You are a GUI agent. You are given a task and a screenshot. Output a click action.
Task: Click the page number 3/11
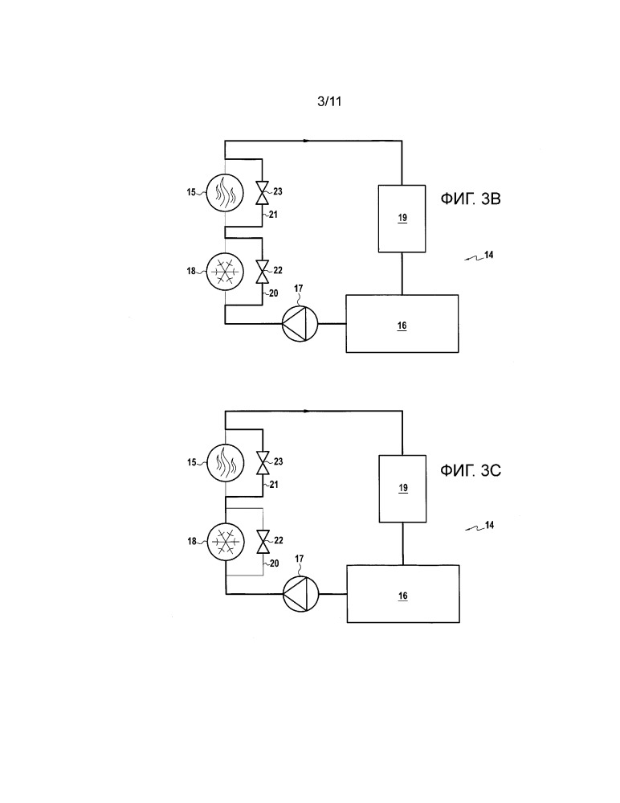coord(329,101)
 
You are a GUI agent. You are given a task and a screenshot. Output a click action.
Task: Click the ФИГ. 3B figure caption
coord(471,199)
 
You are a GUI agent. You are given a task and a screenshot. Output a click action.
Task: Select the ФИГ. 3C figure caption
coord(471,470)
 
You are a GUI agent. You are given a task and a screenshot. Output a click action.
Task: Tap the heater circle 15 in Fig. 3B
coord(225,192)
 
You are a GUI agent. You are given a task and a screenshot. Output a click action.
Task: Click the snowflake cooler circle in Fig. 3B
coord(225,270)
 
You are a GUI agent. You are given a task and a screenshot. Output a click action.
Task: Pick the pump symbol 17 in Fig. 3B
coord(300,324)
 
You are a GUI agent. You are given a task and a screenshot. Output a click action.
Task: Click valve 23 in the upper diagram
coord(262,192)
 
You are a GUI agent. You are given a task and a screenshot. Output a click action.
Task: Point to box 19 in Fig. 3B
coord(402,219)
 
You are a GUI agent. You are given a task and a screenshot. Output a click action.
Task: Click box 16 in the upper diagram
coord(402,324)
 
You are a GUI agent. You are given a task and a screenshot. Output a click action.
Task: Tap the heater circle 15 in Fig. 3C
coord(226,462)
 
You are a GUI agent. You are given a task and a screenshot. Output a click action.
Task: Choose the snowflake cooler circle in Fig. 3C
coord(226,541)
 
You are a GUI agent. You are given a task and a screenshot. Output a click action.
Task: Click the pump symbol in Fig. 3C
coord(301,594)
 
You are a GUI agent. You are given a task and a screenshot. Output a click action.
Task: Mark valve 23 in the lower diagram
coord(263,463)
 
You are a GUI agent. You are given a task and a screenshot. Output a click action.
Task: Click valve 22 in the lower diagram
coord(263,542)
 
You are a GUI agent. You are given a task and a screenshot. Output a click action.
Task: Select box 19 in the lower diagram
coord(402,489)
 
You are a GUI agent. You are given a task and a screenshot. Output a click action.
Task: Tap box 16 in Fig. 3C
coord(403,594)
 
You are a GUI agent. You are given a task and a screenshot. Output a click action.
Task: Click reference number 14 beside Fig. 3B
coord(488,255)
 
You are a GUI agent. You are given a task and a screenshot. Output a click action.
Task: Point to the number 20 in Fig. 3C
coord(274,563)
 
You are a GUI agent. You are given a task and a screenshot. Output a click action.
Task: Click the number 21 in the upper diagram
coord(273,215)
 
